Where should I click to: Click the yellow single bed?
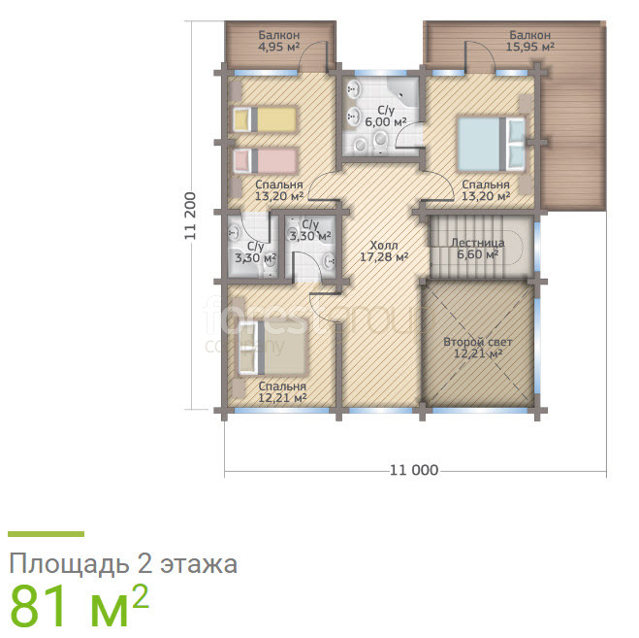265,119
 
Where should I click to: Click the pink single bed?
265,161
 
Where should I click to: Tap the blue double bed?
491,144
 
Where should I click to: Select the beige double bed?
272,348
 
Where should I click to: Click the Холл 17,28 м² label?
384,252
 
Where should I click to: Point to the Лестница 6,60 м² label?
478,249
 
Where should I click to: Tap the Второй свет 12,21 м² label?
478,348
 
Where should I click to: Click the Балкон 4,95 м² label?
279,41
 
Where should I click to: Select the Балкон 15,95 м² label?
529,41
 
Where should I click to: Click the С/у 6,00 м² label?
386,117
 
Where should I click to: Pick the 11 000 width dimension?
414,470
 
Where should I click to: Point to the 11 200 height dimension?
190,216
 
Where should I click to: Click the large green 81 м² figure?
79,605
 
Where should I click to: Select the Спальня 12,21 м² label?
282,392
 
